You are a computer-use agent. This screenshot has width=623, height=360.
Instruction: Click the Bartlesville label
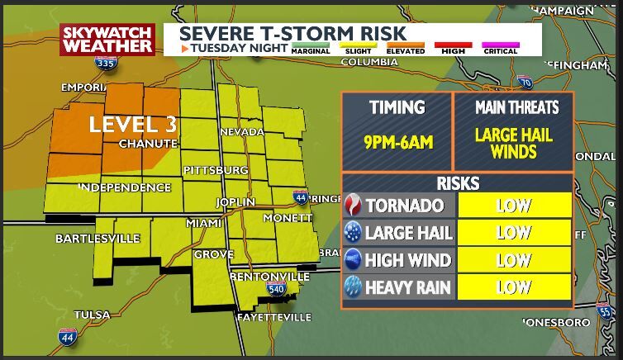[97, 239]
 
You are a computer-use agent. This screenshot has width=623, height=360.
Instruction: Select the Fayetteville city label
[273, 317]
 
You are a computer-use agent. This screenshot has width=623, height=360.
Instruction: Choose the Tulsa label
[92, 315]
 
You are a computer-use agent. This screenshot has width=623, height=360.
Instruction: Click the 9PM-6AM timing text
[398, 143]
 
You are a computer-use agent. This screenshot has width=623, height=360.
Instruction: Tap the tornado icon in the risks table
[353, 206]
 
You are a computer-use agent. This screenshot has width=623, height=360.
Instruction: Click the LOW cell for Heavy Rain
[513, 287]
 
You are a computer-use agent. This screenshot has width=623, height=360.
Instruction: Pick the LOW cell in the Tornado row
[513, 206]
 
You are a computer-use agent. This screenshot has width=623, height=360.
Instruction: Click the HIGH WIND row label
[407, 261]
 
